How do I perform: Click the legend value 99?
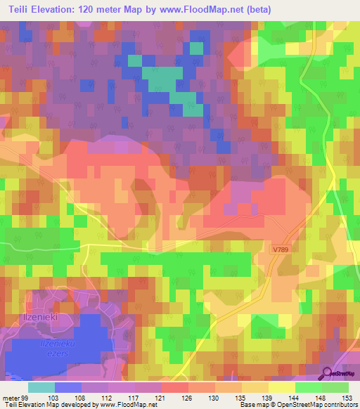point(25,398)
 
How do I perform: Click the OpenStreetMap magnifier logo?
point(326,372)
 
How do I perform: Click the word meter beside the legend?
point(11,398)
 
